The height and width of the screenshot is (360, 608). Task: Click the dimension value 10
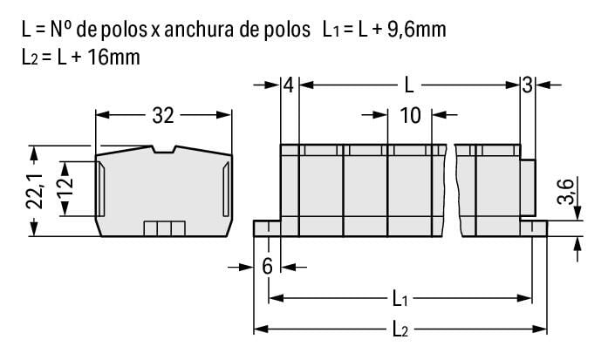[410, 115]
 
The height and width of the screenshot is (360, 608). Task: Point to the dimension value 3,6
[564, 192]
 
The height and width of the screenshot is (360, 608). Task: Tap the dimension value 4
[289, 85]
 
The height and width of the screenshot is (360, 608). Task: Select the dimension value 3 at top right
[527, 85]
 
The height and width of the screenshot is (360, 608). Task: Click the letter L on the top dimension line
[409, 85]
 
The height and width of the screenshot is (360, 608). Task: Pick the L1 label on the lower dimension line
[400, 299]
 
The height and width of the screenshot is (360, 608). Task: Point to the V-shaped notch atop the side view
[164, 151]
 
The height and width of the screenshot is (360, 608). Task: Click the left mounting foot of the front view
[266, 228]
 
